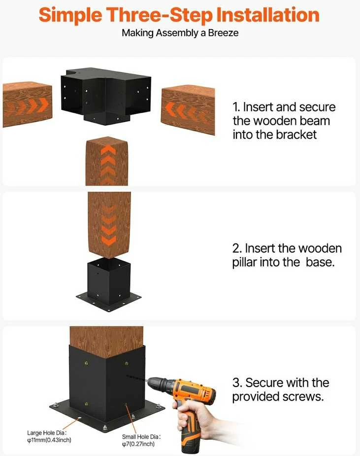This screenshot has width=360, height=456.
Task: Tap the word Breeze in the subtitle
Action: pos(223,33)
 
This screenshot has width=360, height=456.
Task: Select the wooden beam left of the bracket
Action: pos(28,104)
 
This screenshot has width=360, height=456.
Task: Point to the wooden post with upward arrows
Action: pos(107,161)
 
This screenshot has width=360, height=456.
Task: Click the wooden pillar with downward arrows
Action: pos(109,224)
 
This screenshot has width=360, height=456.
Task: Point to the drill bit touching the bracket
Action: pos(137,378)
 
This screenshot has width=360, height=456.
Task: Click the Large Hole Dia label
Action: pos(47,433)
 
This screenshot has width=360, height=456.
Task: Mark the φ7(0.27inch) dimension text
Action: pos(138,444)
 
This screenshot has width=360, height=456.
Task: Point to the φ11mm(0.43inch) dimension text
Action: pos(49,440)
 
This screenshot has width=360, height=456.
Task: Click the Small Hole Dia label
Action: pos(141,437)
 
